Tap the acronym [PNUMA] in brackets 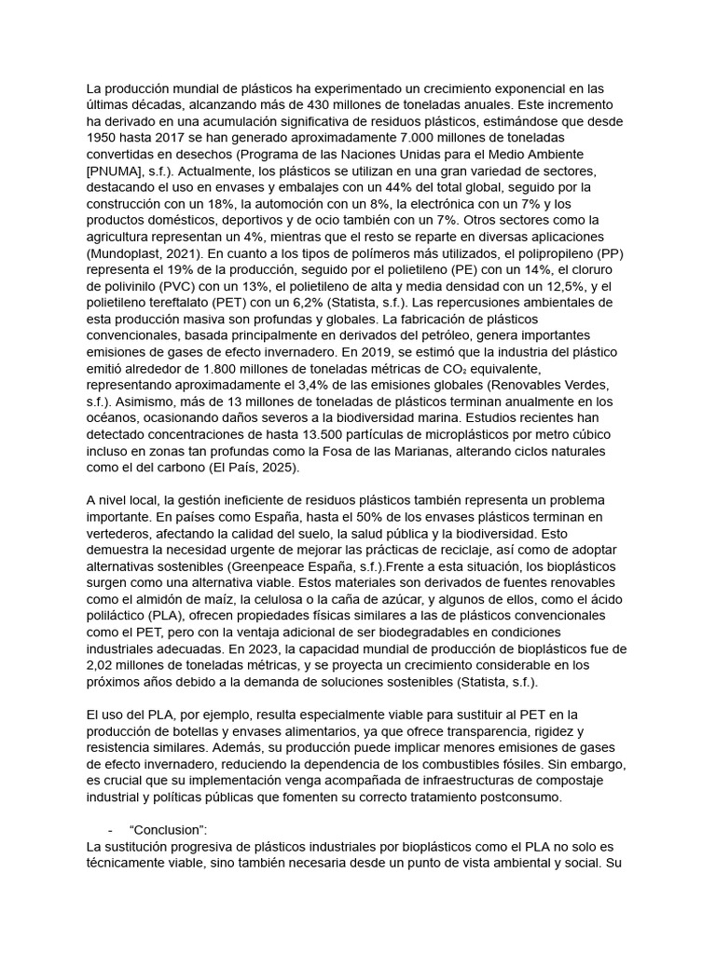pyautogui.click(x=117, y=171)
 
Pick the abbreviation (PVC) pyautogui.click(x=192, y=285)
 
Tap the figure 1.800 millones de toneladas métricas pyautogui.click(x=236, y=367)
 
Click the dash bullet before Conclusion pyautogui.click(x=111, y=830)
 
